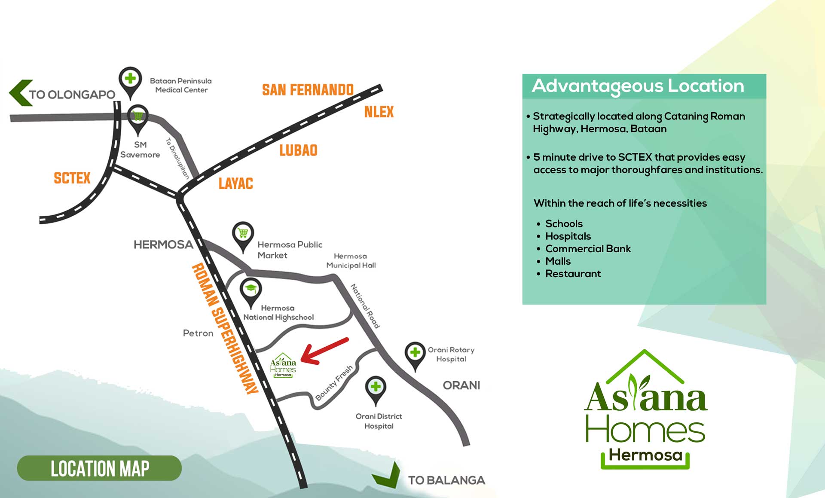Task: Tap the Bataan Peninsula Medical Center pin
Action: click(x=130, y=80)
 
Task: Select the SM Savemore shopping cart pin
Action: click(x=138, y=117)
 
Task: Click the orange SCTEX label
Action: click(x=72, y=178)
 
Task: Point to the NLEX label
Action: click(x=379, y=112)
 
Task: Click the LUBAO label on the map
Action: click(x=298, y=150)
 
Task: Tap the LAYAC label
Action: click(x=235, y=183)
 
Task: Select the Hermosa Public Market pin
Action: click(x=243, y=234)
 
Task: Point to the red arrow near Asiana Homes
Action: click(x=324, y=351)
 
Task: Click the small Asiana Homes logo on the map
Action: click(x=283, y=366)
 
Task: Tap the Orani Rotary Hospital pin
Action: click(x=415, y=354)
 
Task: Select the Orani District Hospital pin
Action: click(x=376, y=388)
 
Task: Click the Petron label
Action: click(x=198, y=333)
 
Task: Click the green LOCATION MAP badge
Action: click(x=99, y=468)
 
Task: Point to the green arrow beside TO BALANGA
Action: click(x=387, y=477)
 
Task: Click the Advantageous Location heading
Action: click(x=638, y=86)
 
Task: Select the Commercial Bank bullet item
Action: click(x=587, y=248)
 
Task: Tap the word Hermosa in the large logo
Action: click(x=645, y=455)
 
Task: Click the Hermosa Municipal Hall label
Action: click(x=351, y=261)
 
